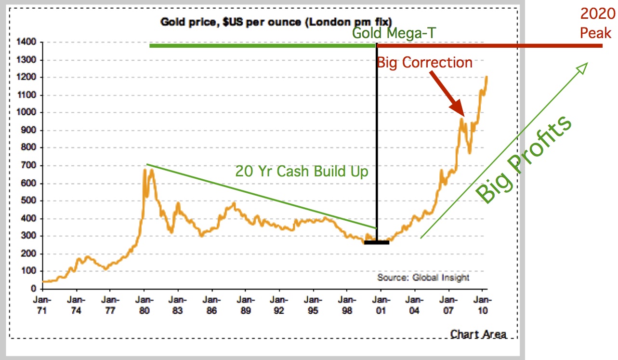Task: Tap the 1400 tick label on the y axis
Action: coord(27,42)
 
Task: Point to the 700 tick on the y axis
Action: coord(29,166)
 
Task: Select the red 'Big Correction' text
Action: coord(424,63)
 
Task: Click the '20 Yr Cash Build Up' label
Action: coord(302,171)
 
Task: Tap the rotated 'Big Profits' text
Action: coord(524,160)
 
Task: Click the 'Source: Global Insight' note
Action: coord(423,278)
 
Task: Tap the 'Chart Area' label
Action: coord(478,334)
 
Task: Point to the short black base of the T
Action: coord(376,242)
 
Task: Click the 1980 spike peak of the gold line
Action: coord(145,169)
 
